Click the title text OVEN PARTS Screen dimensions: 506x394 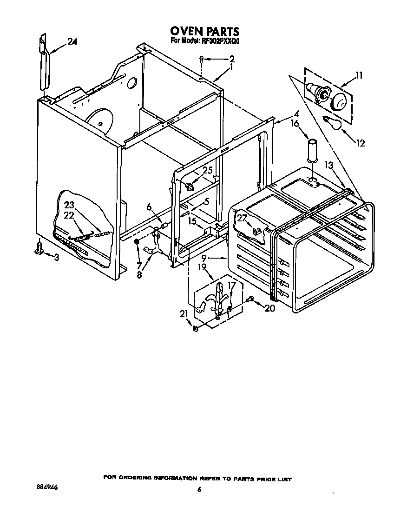[x=204, y=31]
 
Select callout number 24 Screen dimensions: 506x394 [x=72, y=41]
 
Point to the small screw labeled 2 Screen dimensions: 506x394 [x=201, y=59]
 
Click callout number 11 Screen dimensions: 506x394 [x=360, y=74]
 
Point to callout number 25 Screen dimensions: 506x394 [x=207, y=170]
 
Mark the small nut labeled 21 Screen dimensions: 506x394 [x=196, y=329]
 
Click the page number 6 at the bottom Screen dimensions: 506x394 [x=199, y=489]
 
